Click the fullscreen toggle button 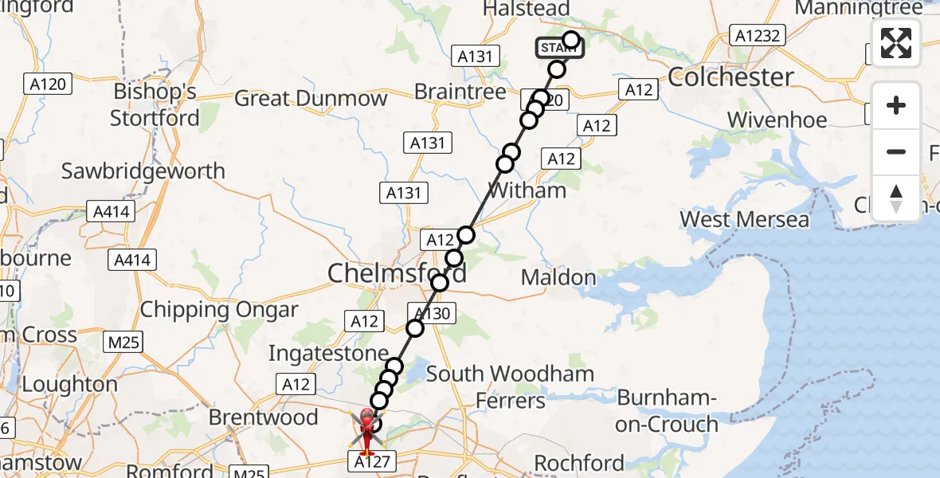(896, 43)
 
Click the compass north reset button (896, 198)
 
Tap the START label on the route (559, 49)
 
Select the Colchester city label (730, 77)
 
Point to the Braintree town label (460, 92)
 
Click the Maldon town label (558, 278)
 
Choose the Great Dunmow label (311, 99)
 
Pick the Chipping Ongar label (219, 310)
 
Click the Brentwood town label (263, 417)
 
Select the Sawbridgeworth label (143, 171)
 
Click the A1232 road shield (758, 35)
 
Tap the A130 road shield (431, 313)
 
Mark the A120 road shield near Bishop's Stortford (48, 83)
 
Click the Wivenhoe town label (777, 120)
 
